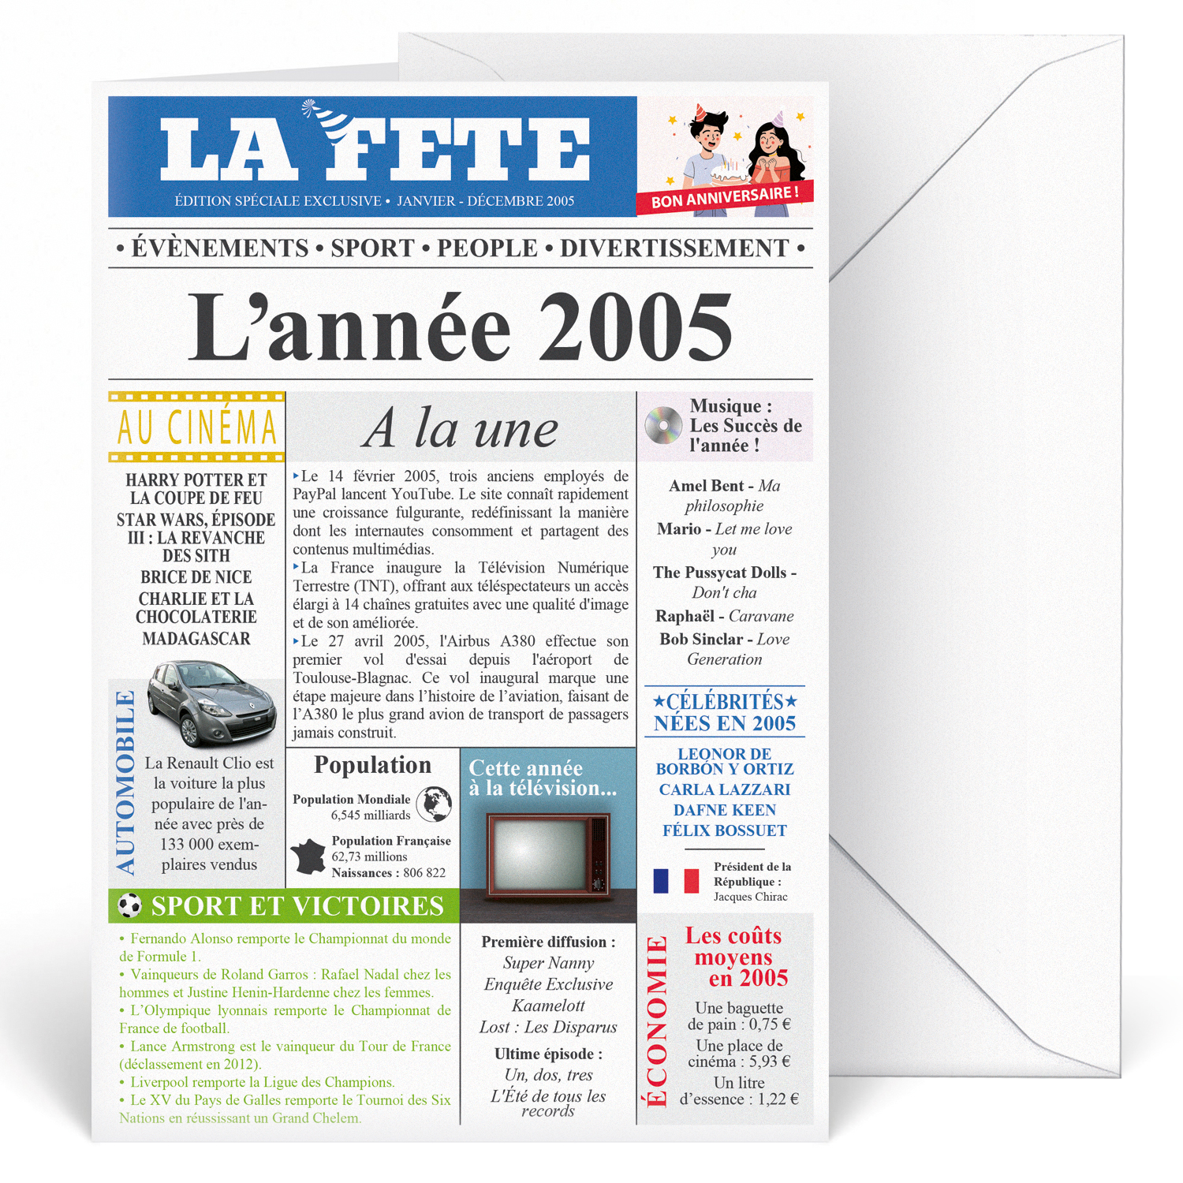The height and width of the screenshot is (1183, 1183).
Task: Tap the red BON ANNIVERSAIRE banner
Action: click(x=724, y=197)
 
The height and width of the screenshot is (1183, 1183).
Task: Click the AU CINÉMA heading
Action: click(x=197, y=427)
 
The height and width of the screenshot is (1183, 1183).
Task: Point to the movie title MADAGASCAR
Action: click(x=196, y=639)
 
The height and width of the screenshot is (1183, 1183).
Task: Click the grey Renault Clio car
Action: click(x=211, y=702)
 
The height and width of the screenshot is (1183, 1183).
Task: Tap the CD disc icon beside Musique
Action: click(x=663, y=426)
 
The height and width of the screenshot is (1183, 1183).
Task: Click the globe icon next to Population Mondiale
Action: click(x=434, y=804)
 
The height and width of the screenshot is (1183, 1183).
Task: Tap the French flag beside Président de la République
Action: click(x=676, y=881)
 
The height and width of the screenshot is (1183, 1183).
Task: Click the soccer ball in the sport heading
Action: click(x=129, y=905)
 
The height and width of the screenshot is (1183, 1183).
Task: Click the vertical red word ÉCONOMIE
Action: click(x=657, y=1021)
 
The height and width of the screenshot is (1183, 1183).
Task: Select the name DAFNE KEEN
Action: click(x=724, y=810)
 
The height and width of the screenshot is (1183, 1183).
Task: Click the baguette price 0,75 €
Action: click(x=770, y=1024)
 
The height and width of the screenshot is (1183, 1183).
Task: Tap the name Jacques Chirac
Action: click(x=750, y=897)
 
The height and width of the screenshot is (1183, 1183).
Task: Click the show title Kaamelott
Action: click(x=548, y=1006)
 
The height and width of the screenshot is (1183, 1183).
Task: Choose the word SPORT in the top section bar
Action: click(x=372, y=248)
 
